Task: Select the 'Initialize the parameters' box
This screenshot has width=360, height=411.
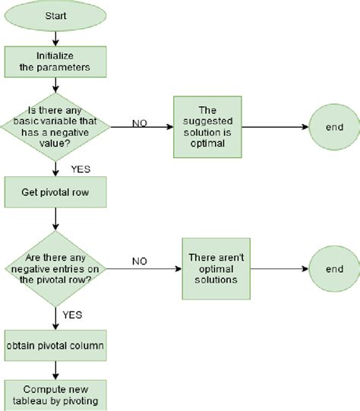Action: pyautogui.click(x=55, y=62)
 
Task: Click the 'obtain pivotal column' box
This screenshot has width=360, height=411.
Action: pyautogui.click(x=55, y=346)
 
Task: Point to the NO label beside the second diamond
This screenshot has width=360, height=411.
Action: pyautogui.click(x=141, y=261)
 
